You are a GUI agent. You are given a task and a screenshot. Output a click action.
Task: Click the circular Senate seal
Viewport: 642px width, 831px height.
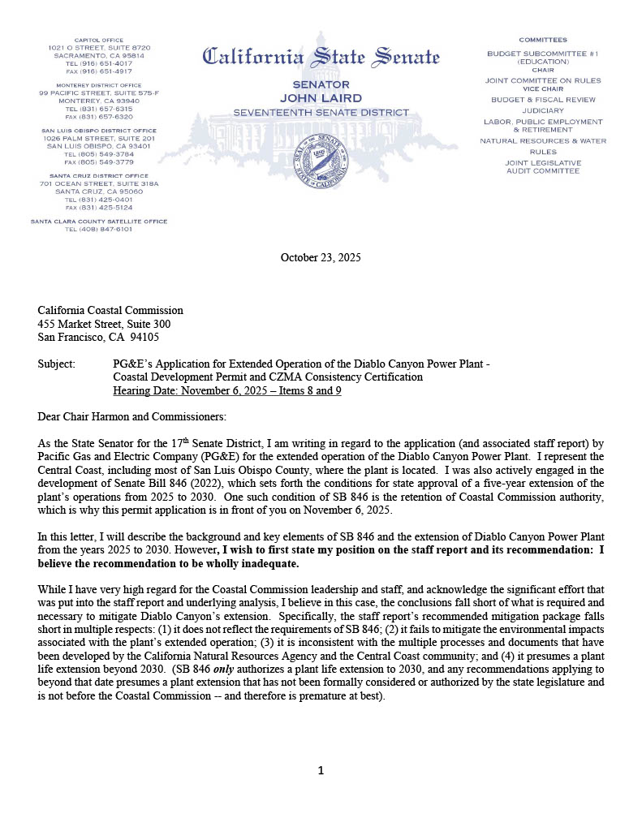point(321,161)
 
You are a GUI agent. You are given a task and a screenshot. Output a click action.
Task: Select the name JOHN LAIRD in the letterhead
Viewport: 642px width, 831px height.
point(321,98)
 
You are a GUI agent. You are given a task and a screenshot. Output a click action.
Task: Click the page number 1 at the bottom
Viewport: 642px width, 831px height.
point(321,771)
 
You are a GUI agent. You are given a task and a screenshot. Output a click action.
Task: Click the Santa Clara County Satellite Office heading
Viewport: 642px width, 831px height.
point(99,221)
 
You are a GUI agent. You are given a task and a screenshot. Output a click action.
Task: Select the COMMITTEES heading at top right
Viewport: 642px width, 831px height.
point(543,40)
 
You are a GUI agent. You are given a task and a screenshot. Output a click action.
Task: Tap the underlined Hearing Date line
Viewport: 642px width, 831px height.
point(227,390)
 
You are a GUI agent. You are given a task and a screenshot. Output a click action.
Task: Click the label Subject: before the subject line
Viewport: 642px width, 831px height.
point(56,364)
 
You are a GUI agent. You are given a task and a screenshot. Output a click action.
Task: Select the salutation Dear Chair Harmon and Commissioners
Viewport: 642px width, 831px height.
point(132,416)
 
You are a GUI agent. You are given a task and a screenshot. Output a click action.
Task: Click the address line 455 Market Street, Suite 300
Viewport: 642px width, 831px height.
point(104,324)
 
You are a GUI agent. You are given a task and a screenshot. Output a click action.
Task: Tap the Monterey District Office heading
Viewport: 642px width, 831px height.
point(99,85)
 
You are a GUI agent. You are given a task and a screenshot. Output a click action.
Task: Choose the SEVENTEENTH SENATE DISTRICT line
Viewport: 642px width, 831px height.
point(321,111)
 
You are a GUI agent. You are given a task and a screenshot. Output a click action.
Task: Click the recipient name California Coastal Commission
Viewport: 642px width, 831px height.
point(110,310)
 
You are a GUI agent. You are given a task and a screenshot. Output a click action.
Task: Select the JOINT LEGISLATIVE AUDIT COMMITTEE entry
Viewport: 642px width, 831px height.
point(543,167)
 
